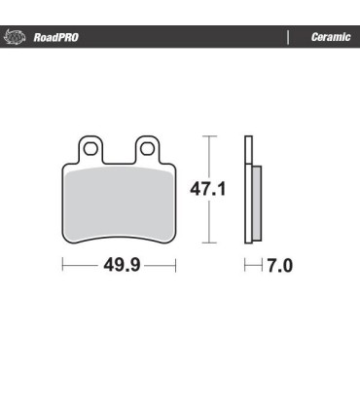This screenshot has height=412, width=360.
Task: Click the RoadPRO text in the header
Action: (55, 38)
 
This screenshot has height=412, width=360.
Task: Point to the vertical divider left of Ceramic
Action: (288, 38)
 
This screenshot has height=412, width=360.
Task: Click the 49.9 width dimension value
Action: (119, 265)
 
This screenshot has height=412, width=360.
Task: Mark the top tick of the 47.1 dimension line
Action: (207, 134)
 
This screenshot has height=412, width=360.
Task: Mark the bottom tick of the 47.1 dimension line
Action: (207, 243)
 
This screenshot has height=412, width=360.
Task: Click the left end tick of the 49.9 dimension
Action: (63, 265)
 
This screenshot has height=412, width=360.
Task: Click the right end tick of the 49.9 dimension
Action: (175, 265)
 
